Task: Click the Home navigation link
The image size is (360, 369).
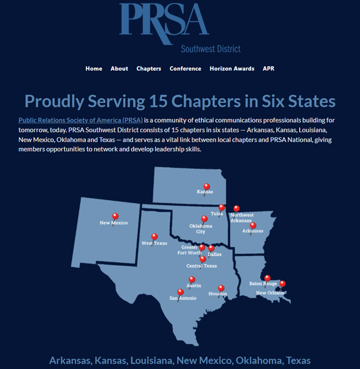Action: pos(93,69)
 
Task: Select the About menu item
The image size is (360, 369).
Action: pos(119,69)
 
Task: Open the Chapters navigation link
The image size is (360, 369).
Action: pos(149,69)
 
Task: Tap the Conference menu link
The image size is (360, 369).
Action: pos(185,69)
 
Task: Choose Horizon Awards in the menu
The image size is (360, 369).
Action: pos(232,69)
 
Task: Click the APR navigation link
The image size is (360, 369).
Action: pos(268,69)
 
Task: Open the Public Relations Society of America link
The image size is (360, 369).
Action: pos(80,121)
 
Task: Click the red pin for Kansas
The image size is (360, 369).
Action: pos(207,186)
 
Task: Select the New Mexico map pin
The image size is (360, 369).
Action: pos(115,216)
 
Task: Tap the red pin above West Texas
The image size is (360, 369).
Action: pos(154,236)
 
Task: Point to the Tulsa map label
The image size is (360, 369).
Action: pos(216,213)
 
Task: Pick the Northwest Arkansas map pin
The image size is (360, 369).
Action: pos(236,208)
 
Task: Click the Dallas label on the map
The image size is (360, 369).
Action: pos(214,254)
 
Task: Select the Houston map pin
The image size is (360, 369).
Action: pos(220,288)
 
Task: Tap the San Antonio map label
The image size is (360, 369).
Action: pos(183,299)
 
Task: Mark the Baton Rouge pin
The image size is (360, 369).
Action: pos(267,278)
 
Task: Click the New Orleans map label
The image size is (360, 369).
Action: pos(270,293)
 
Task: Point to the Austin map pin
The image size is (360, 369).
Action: pos(192,280)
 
